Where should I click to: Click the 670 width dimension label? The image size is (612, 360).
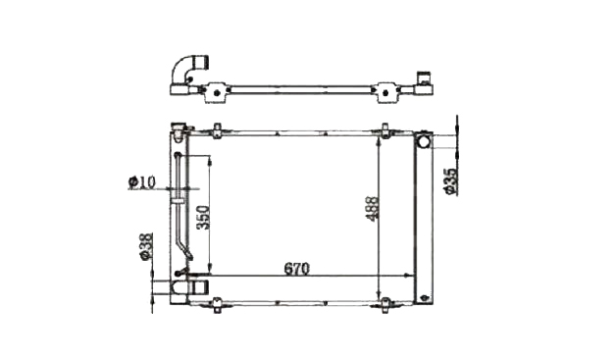296,269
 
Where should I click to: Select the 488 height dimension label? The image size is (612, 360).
373,209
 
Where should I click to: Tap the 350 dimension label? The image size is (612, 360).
203,217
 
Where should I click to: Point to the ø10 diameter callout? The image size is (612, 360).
142,181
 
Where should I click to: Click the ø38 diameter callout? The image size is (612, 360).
145,246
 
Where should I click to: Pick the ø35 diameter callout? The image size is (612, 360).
450,181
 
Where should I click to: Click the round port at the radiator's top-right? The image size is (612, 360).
423,140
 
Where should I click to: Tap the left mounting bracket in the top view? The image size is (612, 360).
216,92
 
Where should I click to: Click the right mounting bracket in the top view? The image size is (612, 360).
385,92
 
